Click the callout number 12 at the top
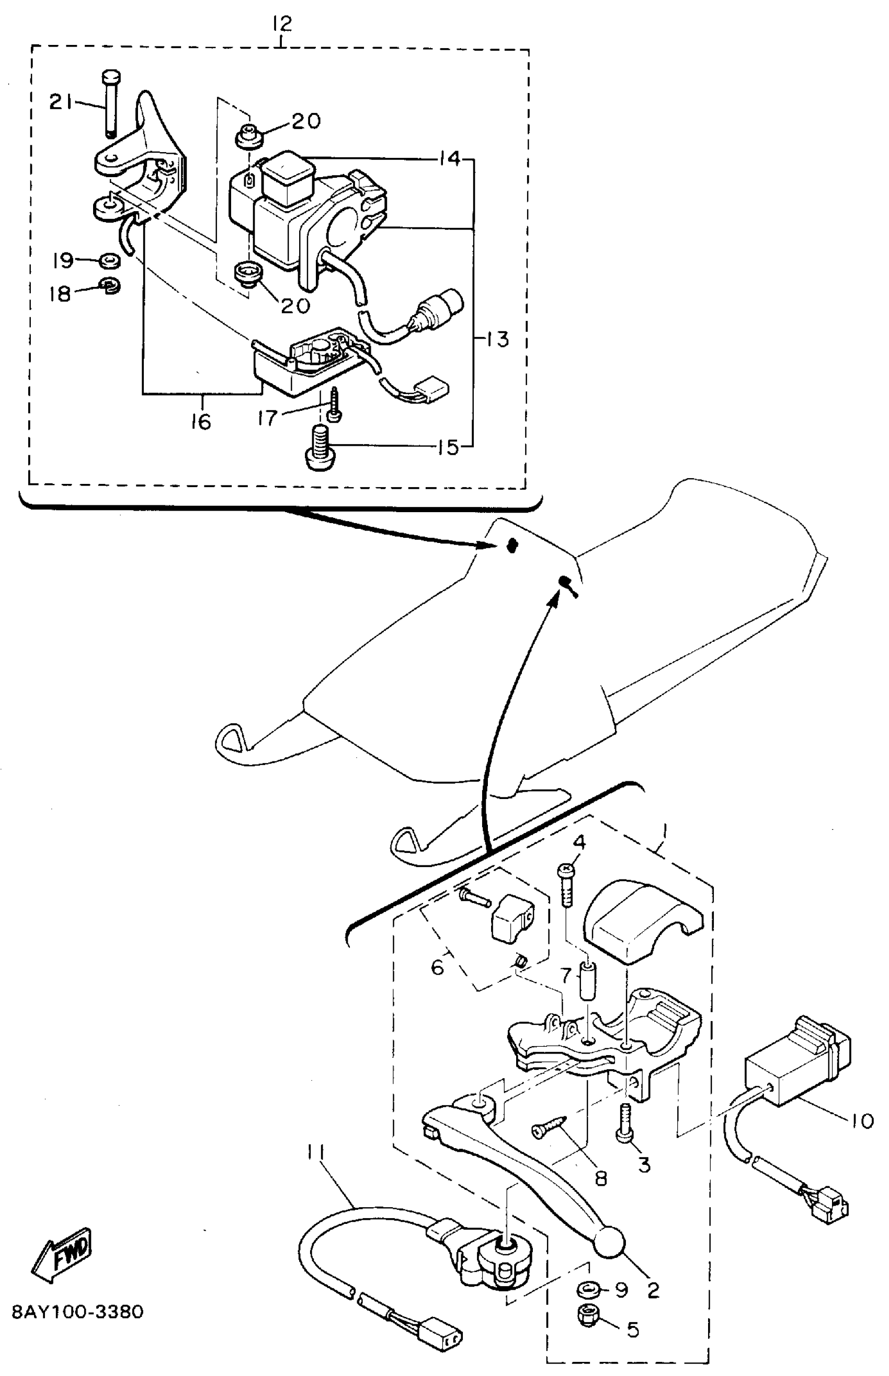pyautogui.click(x=282, y=24)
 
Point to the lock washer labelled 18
pyautogui.click(x=109, y=285)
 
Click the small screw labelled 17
pyautogui.click(x=334, y=406)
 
